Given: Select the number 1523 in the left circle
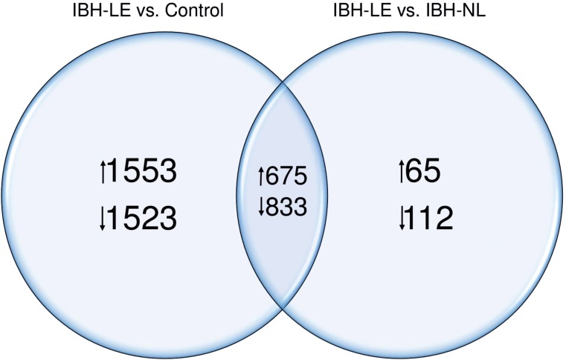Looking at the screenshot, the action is coord(142,218).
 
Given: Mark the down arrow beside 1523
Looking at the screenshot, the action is coord(102,219).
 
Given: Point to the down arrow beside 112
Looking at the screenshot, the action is coord(402,219).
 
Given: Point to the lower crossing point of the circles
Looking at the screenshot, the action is coord(283,306).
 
